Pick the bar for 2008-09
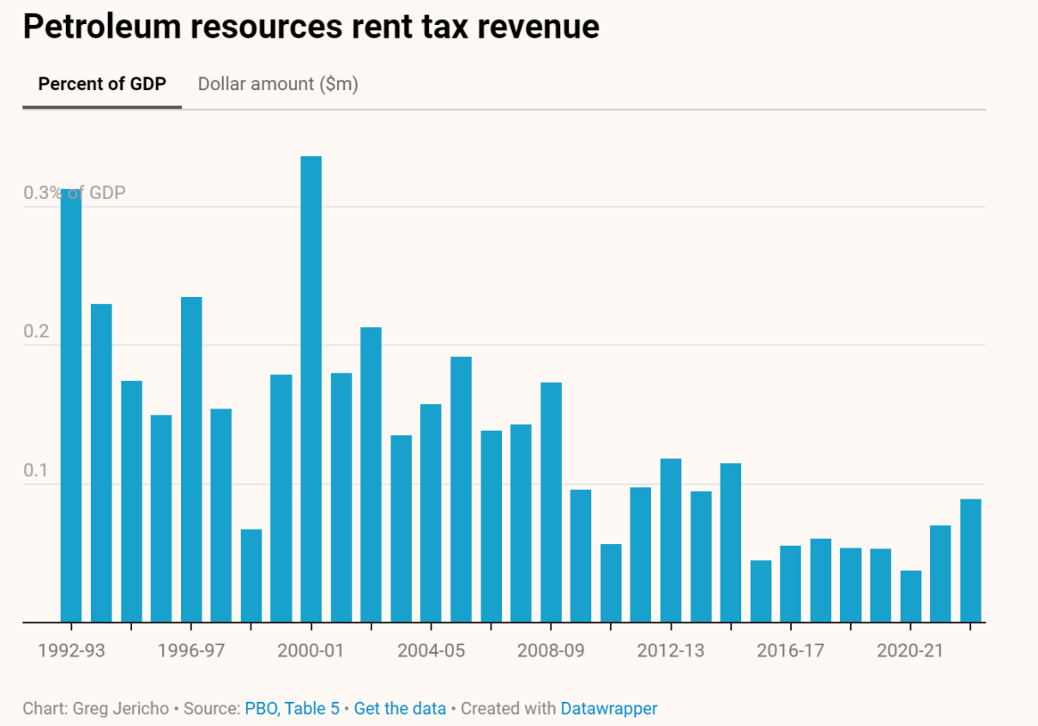(x=551, y=502)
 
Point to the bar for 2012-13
(x=671, y=541)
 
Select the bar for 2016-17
(x=790, y=584)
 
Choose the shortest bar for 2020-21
(x=910, y=596)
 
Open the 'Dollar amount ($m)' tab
(x=278, y=84)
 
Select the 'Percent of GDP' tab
(x=102, y=84)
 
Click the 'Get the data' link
(x=400, y=709)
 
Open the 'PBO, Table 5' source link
(x=292, y=709)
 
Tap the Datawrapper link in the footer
(x=609, y=709)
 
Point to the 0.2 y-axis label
(x=37, y=331)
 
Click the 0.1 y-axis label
(x=37, y=470)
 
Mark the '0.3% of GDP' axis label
(x=75, y=192)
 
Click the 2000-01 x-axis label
(x=311, y=650)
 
